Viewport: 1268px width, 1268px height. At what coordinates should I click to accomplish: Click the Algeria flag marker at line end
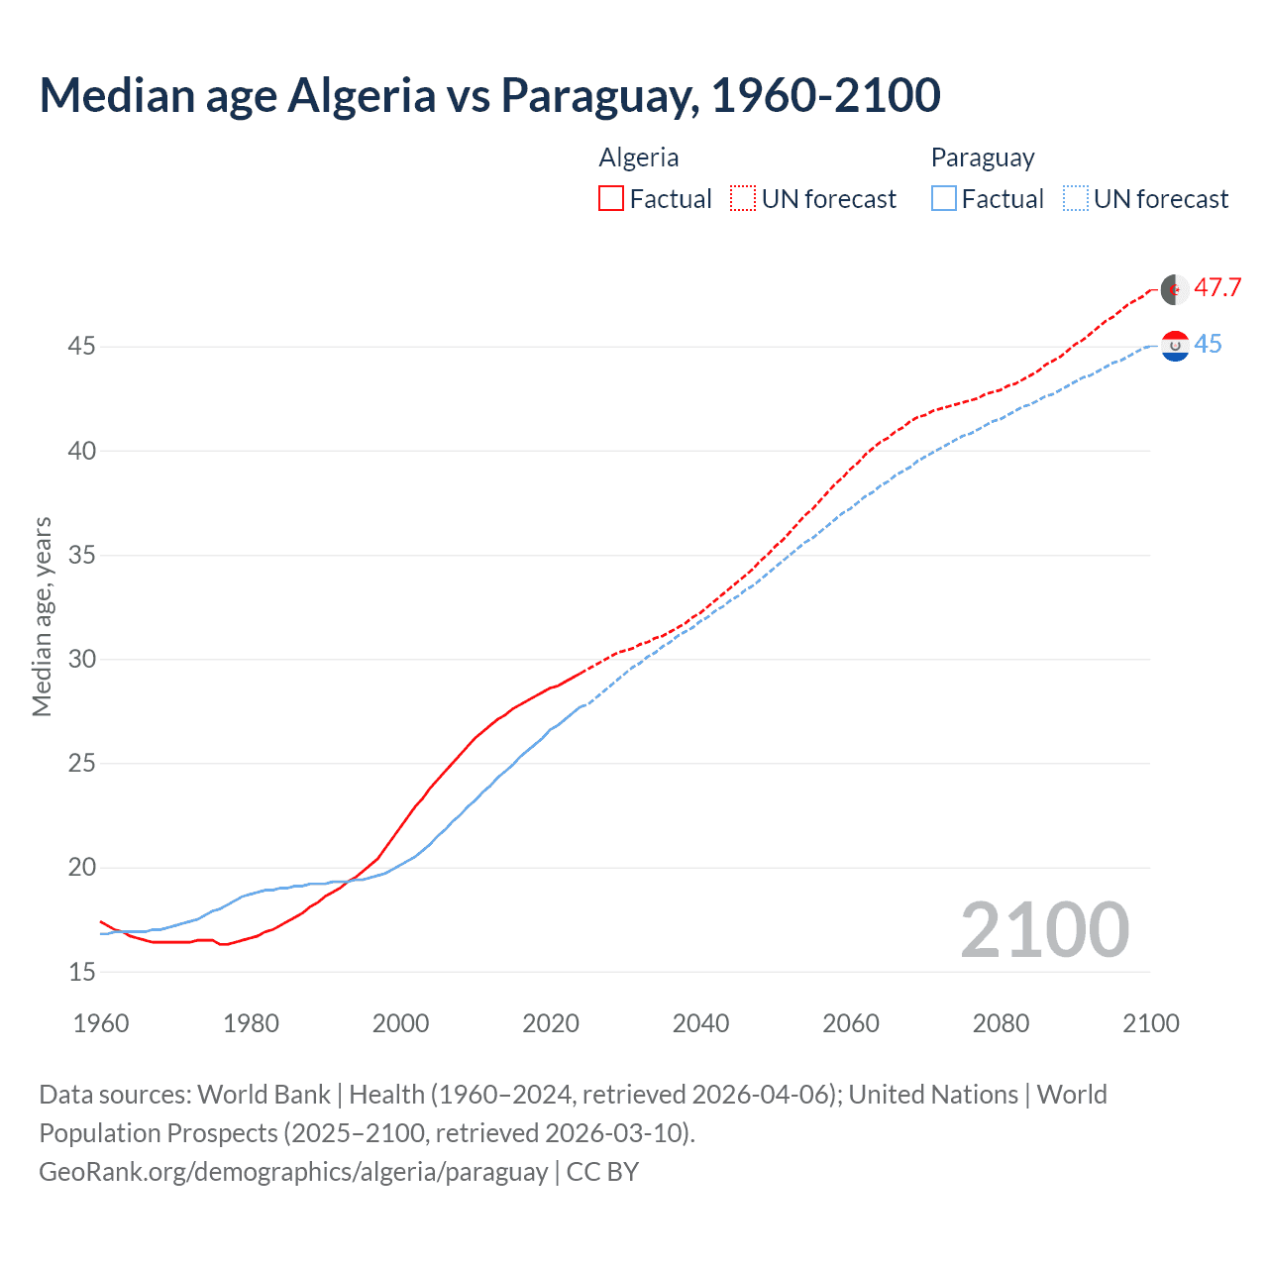point(1175,289)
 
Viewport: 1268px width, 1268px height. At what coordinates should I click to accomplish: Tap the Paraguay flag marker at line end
point(1175,346)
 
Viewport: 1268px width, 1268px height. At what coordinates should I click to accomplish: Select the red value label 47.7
point(1217,288)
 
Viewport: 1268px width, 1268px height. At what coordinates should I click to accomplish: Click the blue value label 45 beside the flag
point(1208,345)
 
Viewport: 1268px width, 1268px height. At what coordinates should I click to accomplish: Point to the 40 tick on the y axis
point(82,452)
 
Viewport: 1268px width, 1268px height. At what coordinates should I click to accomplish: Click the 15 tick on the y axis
point(82,973)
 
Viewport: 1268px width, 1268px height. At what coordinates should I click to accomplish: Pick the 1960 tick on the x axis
point(101,1023)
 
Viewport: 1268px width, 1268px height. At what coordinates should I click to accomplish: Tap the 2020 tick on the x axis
point(551,1023)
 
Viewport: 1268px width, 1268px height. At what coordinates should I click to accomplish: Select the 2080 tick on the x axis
point(1001,1023)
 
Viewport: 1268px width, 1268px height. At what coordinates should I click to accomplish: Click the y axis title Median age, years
point(42,616)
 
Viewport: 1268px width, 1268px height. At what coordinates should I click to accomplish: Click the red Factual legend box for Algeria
point(611,199)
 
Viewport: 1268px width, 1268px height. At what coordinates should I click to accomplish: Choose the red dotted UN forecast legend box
point(743,199)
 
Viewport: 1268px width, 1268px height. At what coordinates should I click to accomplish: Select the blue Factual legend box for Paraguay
point(944,199)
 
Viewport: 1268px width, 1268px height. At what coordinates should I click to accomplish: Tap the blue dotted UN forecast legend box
point(1075,199)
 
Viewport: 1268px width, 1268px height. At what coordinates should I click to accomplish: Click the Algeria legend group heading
point(639,158)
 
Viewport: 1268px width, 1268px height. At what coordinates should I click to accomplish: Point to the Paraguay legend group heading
point(983,158)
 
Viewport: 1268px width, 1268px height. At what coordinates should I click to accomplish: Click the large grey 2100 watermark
point(1044,930)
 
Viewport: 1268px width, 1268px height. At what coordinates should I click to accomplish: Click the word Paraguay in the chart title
point(598,96)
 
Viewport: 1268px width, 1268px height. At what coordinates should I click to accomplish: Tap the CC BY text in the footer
point(602,1172)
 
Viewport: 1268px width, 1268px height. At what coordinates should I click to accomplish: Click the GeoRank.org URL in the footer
point(293,1172)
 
